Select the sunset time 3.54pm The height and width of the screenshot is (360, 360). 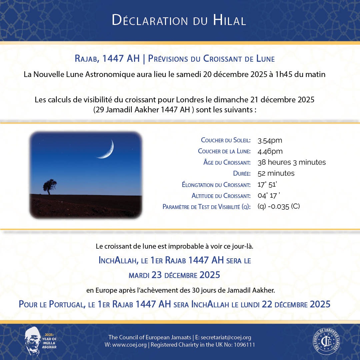(x=270, y=140)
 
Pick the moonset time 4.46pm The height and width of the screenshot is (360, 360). (x=270, y=151)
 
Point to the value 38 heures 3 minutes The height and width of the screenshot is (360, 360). (x=292, y=162)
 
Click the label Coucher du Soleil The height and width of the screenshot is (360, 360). (x=226, y=140)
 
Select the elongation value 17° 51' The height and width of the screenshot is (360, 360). (x=270, y=184)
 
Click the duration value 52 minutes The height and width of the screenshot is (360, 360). (x=276, y=173)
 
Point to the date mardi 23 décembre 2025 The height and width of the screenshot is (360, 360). (x=174, y=275)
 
